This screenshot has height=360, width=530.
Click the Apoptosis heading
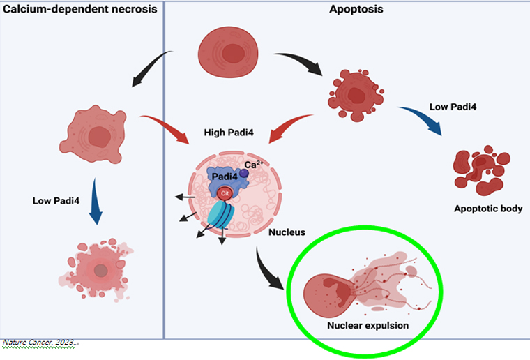click(347, 10)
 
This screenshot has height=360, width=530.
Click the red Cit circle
click(225, 193)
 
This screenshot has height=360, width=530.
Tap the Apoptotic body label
click(487, 209)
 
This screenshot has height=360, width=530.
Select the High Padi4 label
click(227, 132)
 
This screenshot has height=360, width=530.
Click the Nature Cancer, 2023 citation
click(40, 343)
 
